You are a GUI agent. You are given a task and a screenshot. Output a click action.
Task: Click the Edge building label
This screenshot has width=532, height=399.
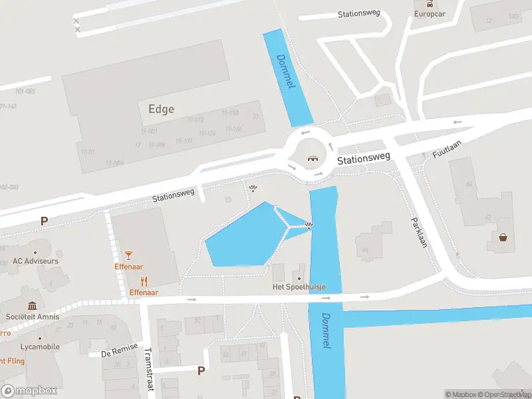tap(161, 109)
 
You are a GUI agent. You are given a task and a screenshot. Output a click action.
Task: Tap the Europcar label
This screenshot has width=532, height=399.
tap(429, 13)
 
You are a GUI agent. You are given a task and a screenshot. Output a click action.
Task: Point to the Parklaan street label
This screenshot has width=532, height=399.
tap(418, 232)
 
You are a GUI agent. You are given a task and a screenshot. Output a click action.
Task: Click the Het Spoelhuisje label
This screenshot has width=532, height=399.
tap(299, 287)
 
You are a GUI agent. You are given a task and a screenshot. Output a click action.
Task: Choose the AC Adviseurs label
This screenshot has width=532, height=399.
tap(35, 261)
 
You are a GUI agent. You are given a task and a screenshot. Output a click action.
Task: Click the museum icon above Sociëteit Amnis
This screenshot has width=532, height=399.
tap(32, 305)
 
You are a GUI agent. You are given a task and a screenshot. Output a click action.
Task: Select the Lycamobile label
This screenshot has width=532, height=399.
tap(39, 346)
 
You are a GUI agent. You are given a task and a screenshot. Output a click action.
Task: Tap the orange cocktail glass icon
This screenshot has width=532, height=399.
tap(128, 255)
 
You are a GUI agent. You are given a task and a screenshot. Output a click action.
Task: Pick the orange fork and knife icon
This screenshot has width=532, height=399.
tap(144, 281)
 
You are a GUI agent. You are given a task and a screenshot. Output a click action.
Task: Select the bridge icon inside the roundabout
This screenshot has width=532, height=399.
tap(312, 158)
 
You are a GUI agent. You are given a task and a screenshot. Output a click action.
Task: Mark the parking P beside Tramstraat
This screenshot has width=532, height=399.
tap(201, 370)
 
